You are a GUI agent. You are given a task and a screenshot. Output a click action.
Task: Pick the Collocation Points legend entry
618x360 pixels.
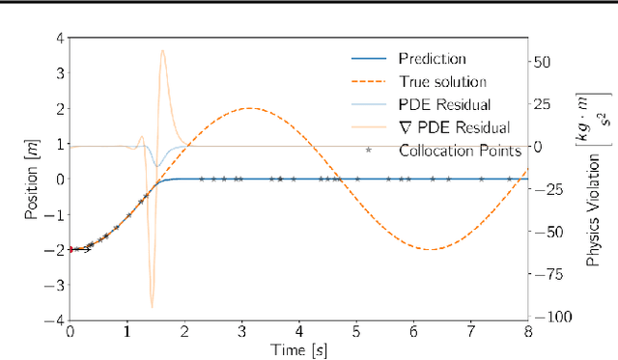[x=454, y=150]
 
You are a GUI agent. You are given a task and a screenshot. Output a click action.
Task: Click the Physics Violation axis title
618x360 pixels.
[x=595, y=179]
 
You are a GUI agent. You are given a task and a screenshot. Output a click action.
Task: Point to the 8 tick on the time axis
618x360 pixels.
[x=527, y=331]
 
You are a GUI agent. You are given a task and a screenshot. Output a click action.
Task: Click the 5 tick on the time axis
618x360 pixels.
[x=355, y=331]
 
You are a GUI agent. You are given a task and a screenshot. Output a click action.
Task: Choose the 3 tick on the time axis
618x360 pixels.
[x=241, y=331]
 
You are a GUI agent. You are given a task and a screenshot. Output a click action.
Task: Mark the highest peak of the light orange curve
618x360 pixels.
[x=162, y=50]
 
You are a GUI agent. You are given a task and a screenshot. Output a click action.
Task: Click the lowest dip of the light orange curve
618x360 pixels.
[x=151, y=307]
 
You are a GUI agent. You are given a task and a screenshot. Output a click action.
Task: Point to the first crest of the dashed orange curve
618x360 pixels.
[x=250, y=108]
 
